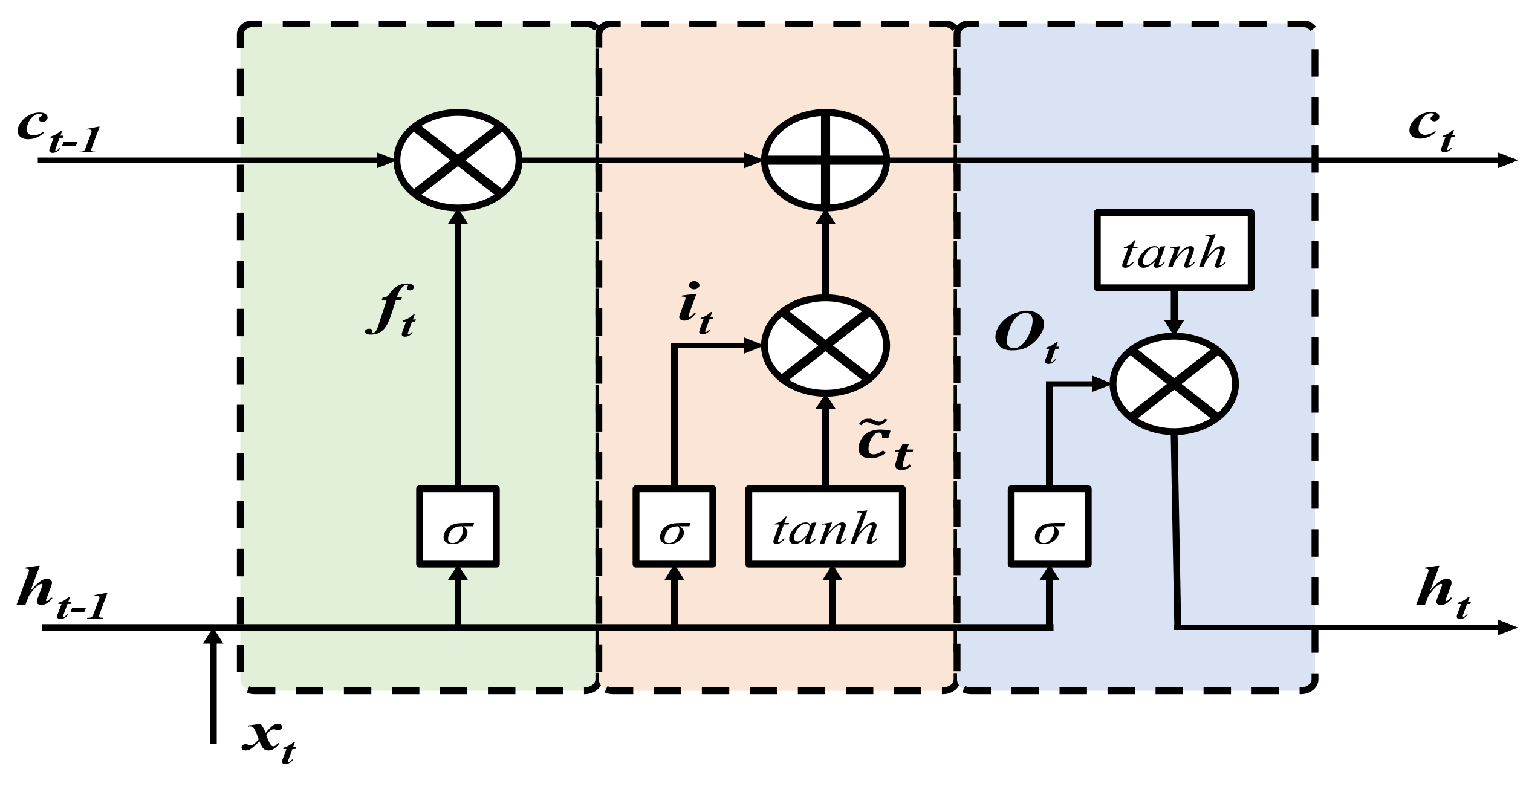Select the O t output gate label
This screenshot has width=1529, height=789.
1026,342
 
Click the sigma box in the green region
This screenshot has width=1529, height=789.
458,527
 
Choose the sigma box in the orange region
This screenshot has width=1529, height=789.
674,527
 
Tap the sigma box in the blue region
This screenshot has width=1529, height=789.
1050,527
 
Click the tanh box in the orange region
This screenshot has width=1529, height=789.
826,527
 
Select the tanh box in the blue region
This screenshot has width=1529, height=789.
1174,248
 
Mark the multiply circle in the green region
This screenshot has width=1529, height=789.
458,160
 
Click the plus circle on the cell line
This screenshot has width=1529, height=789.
826,160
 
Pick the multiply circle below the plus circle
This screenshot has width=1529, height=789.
826,346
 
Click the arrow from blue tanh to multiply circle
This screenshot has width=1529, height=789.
1174,311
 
